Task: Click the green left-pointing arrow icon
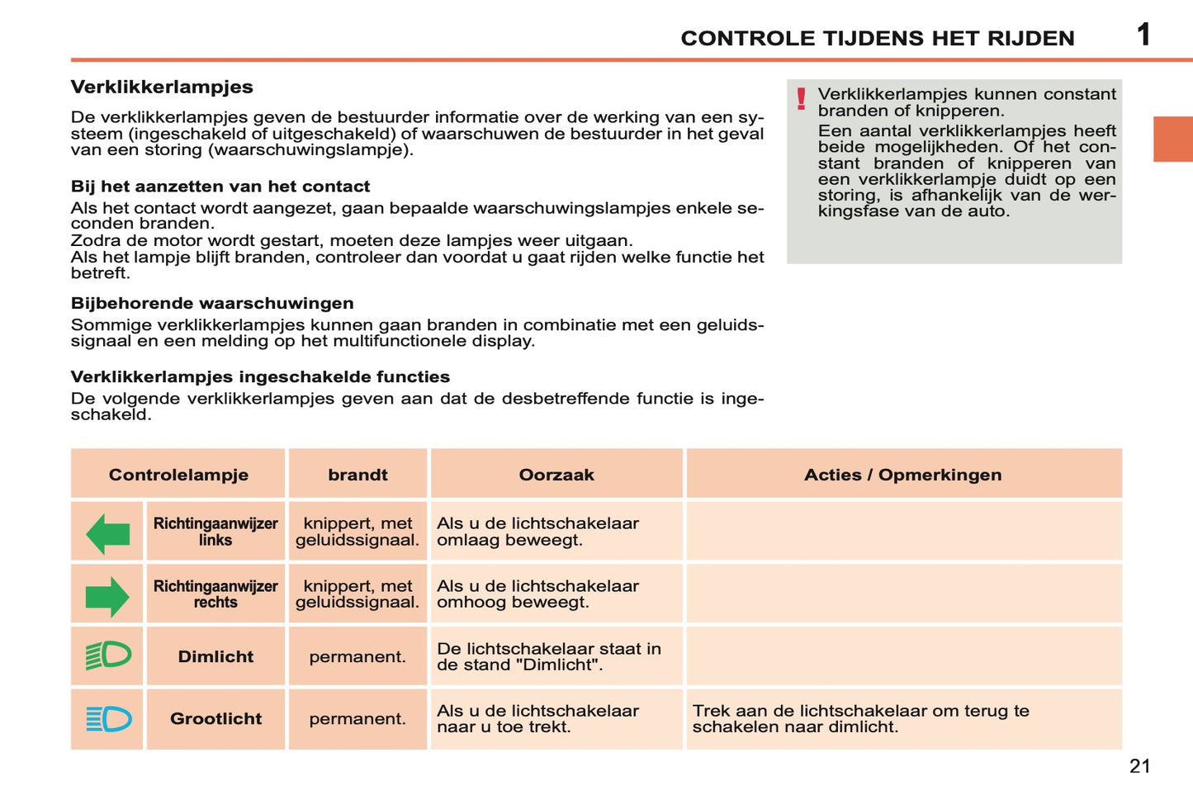[107, 533]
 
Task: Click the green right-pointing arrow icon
[107, 596]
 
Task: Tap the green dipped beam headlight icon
[108, 656]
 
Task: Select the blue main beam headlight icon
[108, 719]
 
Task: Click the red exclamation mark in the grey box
[801, 100]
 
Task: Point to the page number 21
[1139, 766]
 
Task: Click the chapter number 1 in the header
[1143, 35]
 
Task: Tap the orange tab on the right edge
[1172, 139]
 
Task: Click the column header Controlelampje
[178, 475]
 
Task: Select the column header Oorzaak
[556, 475]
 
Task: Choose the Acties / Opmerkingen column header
[902, 475]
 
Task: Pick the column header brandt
[357, 475]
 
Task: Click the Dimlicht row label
[215, 656]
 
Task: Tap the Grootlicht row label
[215, 719]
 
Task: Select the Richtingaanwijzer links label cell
[215, 532]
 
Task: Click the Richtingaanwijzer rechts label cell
[215, 594]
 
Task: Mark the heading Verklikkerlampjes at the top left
[162, 87]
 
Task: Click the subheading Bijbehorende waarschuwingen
[212, 303]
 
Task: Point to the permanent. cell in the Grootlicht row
[357, 719]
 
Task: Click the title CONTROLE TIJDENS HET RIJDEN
[877, 38]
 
